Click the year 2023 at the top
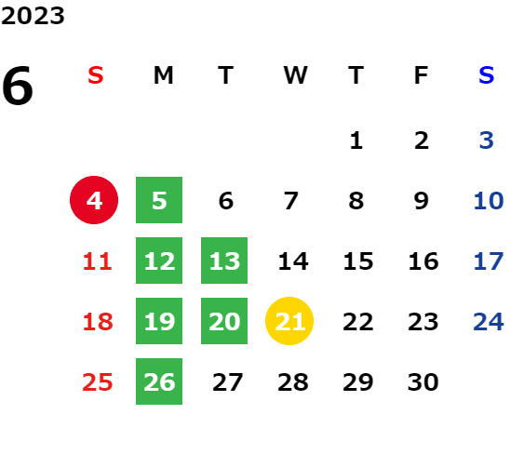point(33,16)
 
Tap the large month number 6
point(18,86)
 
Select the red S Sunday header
point(96,75)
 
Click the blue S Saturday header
point(487,75)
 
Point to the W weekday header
point(295,75)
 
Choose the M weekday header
point(163,75)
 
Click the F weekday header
point(422,75)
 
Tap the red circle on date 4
point(94,200)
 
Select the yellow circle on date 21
point(289,321)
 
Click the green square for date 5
point(159,200)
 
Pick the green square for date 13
point(224,261)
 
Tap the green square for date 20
point(224,321)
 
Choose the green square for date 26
point(159,381)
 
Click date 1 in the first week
point(356,140)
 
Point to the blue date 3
point(487,140)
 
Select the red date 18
point(98,322)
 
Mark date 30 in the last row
point(423,382)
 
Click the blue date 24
point(489,322)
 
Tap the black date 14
point(293,261)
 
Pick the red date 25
point(98,382)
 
